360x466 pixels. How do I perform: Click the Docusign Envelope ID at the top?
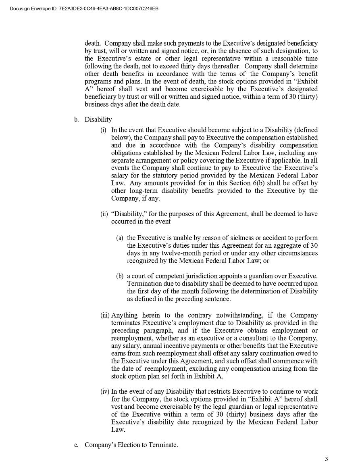[84, 8]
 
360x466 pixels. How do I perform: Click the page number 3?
[327, 459]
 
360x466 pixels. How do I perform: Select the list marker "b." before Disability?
[76, 120]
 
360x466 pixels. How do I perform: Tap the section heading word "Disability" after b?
[98, 120]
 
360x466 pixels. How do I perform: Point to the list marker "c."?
[76, 445]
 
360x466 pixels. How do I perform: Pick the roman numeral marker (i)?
[104, 130]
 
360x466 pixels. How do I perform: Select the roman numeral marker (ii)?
[104, 214]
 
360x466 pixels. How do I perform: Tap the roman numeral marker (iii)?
[105, 316]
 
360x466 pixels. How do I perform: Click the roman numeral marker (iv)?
[105, 391]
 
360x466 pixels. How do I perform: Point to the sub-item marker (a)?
[120, 238]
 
